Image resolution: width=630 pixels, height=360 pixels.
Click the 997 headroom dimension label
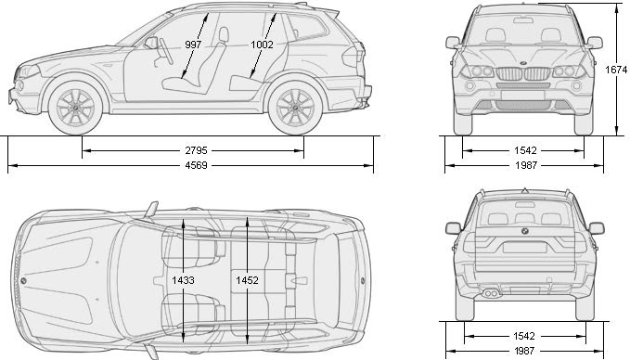tap(193, 44)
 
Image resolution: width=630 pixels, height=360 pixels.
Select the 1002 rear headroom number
tap(263, 44)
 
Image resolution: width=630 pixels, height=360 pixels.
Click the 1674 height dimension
tap(617, 70)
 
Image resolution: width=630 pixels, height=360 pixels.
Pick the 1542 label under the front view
tap(525, 149)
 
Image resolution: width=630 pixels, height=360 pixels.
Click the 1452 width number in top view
tap(247, 278)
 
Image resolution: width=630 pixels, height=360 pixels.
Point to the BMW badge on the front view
tap(525, 63)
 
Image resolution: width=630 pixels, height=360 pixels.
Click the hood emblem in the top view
tap(22, 280)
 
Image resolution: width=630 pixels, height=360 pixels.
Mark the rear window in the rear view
tap(525, 214)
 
